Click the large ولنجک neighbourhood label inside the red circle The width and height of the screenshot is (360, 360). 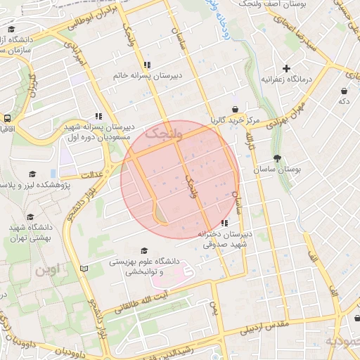162,132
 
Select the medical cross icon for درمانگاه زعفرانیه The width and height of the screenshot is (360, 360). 286,68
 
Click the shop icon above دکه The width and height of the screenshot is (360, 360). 343,91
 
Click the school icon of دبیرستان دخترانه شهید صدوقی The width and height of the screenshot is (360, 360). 224,223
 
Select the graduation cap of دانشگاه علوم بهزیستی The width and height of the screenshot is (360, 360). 144,250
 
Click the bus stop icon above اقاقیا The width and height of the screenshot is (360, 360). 7,119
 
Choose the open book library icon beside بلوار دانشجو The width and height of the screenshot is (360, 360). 84,269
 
